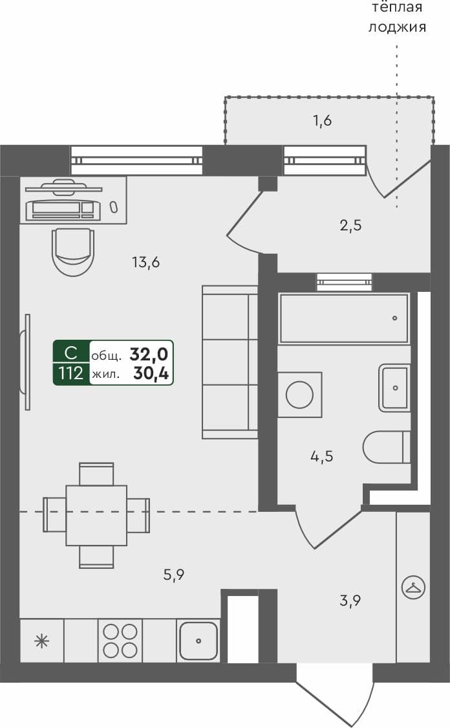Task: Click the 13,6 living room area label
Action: [x=145, y=263]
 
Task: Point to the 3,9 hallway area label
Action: [x=350, y=601]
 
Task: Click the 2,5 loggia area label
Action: [x=350, y=226]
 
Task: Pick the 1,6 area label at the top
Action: [x=322, y=120]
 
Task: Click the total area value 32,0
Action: [x=149, y=354]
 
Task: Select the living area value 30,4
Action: [x=150, y=373]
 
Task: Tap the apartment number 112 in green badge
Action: [x=71, y=373]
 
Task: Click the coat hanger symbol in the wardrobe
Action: [x=413, y=588]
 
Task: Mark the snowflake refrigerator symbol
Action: [x=41, y=641]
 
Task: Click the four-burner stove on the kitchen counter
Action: [x=120, y=641]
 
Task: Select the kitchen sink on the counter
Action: [x=198, y=641]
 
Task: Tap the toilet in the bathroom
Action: [x=386, y=448]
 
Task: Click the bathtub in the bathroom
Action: [x=343, y=318]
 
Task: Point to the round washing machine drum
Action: [x=299, y=395]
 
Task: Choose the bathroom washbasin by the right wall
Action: [x=394, y=388]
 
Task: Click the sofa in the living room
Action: [x=230, y=362]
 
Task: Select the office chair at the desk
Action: [x=73, y=251]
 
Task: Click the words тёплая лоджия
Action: [x=396, y=17]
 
